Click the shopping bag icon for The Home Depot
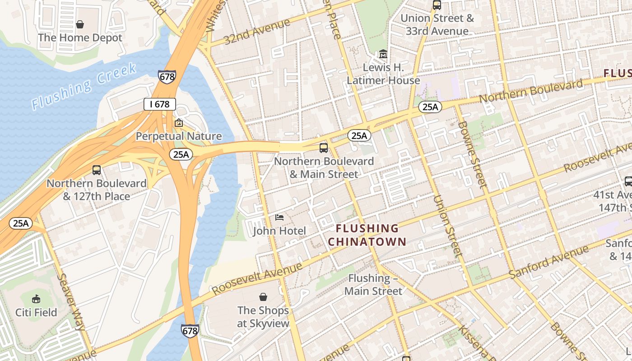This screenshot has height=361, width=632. [x=80, y=24]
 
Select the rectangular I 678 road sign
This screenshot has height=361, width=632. [x=159, y=104]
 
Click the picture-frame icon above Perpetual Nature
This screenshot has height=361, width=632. [x=179, y=123]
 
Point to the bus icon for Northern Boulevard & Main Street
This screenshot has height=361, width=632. [x=324, y=148]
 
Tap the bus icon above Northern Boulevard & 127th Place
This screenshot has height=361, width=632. [x=97, y=170]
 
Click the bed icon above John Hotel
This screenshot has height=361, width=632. [x=279, y=218]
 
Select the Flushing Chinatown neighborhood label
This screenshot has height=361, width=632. [x=367, y=235]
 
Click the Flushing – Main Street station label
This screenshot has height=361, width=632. [x=373, y=285]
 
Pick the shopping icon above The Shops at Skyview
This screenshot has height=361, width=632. [x=263, y=297]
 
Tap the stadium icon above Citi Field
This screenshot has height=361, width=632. [x=36, y=299]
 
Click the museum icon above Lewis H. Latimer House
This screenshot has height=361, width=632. [x=383, y=54]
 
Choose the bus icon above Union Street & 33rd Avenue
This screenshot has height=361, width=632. [x=437, y=5]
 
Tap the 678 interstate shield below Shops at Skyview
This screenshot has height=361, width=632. [x=190, y=331]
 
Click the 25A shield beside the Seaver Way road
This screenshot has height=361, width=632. [x=21, y=223]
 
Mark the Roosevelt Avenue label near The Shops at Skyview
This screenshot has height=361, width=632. [x=257, y=279]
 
